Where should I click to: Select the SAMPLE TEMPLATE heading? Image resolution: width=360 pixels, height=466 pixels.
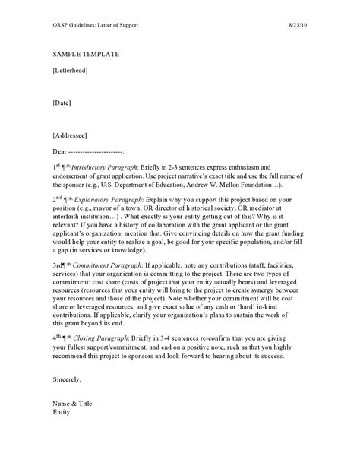pos(86,55)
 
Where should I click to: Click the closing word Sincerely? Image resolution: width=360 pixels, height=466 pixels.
pos(67,378)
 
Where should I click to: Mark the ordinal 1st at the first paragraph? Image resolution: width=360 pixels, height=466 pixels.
pos(58,165)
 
